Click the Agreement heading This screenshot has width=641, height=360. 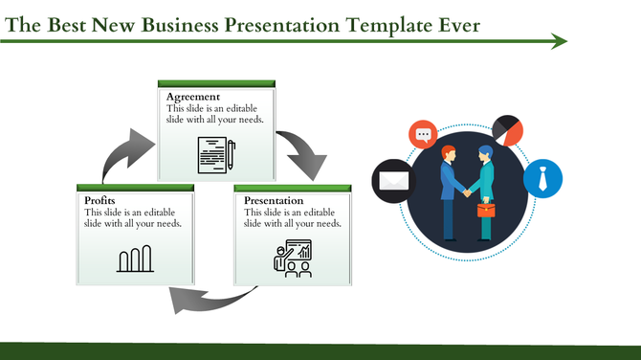tap(193, 98)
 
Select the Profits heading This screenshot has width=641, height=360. tap(100, 200)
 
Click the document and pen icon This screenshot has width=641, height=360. tap(216, 154)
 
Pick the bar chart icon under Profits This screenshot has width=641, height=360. tap(135, 259)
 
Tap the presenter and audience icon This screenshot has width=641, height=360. tap(293, 259)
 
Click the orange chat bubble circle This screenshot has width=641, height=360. tap(423, 135)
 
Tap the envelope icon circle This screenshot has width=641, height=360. tap(391, 179)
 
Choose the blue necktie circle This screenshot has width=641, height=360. tap(542, 177)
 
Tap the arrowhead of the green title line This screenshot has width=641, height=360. tap(560, 41)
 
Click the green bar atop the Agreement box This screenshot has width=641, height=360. tap(216, 84)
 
